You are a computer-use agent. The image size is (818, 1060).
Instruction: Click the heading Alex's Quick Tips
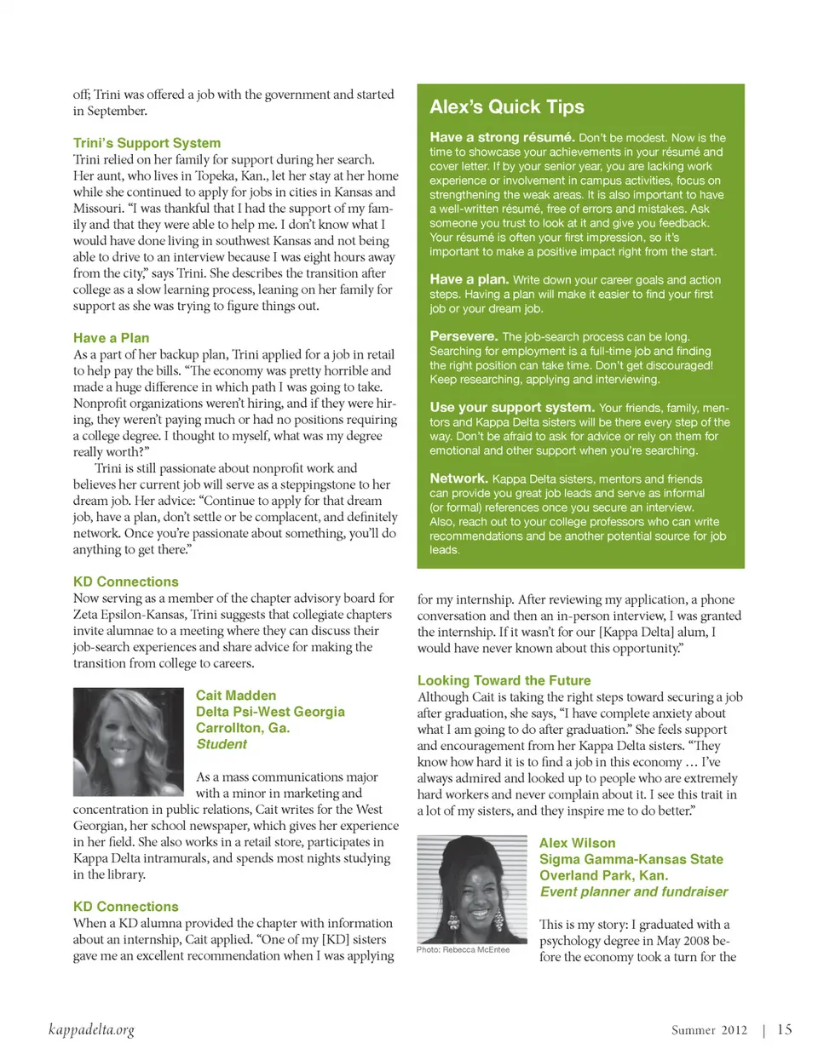pyautogui.click(x=507, y=107)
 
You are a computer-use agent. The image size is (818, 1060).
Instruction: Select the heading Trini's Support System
pyautogui.click(x=147, y=143)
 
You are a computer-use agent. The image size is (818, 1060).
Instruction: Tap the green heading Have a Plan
pyautogui.click(x=111, y=338)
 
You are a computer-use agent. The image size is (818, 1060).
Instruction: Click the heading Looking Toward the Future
pyautogui.click(x=504, y=680)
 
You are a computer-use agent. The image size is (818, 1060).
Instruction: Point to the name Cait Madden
pyautogui.click(x=236, y=696)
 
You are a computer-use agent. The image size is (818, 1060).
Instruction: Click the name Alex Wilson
pyautogui.click(x=577, y=843)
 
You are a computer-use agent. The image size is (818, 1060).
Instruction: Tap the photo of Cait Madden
pyautogui.click(x=129, y=742)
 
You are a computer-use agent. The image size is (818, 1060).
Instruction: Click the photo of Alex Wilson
pyautogui.click(x=473, y=889)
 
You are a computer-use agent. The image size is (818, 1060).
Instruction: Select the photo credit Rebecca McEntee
pyautogui.click(x=463, y=949)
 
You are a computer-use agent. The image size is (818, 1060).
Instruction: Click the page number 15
pyautogui.click(x=784, y=1029)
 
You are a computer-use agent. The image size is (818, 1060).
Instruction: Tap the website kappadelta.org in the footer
pyautogui.click(x=91, y=1030)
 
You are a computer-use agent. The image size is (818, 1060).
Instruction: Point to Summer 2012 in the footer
pyautogui.click(x=709, y=1030)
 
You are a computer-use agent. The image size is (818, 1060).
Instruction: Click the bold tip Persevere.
pyautogui.click(x=464, y=336)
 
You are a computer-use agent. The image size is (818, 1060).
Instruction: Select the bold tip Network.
pyautogui.click(x=458, y=478)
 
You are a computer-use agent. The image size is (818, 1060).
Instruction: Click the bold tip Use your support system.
pyautogui.click(x=511, y=408)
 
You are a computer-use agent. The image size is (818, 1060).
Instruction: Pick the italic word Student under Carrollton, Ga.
pyautogui.click(x=222, y=744)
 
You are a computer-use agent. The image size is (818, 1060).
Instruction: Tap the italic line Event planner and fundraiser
pyautogui.click(x=634, y=891)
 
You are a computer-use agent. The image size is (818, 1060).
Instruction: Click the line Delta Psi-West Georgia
pyautogui.click(x=270, y=712)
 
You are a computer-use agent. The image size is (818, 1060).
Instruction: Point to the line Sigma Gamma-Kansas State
pyautogui.click(x=631, y=859)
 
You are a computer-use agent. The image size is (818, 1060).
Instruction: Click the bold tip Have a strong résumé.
pyautogui.click(x=501, y=137)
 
